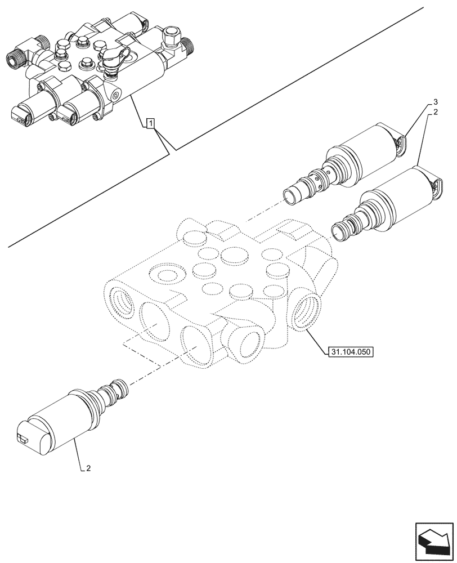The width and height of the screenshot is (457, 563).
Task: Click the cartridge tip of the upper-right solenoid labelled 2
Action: (x=342, y=231)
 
